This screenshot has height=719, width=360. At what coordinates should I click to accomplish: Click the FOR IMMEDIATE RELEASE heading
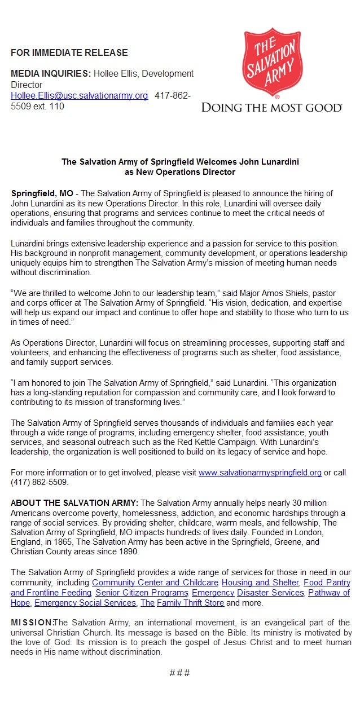(69, 53)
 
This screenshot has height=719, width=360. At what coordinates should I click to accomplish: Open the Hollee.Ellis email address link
(79, 96)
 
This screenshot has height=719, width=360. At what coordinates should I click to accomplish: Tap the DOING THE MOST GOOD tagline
(272, 108)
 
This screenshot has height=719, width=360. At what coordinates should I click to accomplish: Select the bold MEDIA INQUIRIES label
(50, 74)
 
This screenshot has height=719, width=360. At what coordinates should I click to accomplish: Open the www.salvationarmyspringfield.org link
(260, 473)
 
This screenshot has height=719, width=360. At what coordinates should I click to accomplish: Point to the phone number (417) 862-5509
(39, 482)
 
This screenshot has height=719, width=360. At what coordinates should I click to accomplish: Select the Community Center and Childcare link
(155, 582)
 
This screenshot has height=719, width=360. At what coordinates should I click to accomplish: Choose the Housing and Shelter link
(260, 582)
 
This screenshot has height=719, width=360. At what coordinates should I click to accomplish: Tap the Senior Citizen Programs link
(141, 593)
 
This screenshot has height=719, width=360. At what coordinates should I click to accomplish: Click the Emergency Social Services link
(85, 603)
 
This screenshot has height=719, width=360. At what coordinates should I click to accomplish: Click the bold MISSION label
(31, 623)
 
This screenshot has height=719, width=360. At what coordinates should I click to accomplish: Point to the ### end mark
(179, 673)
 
